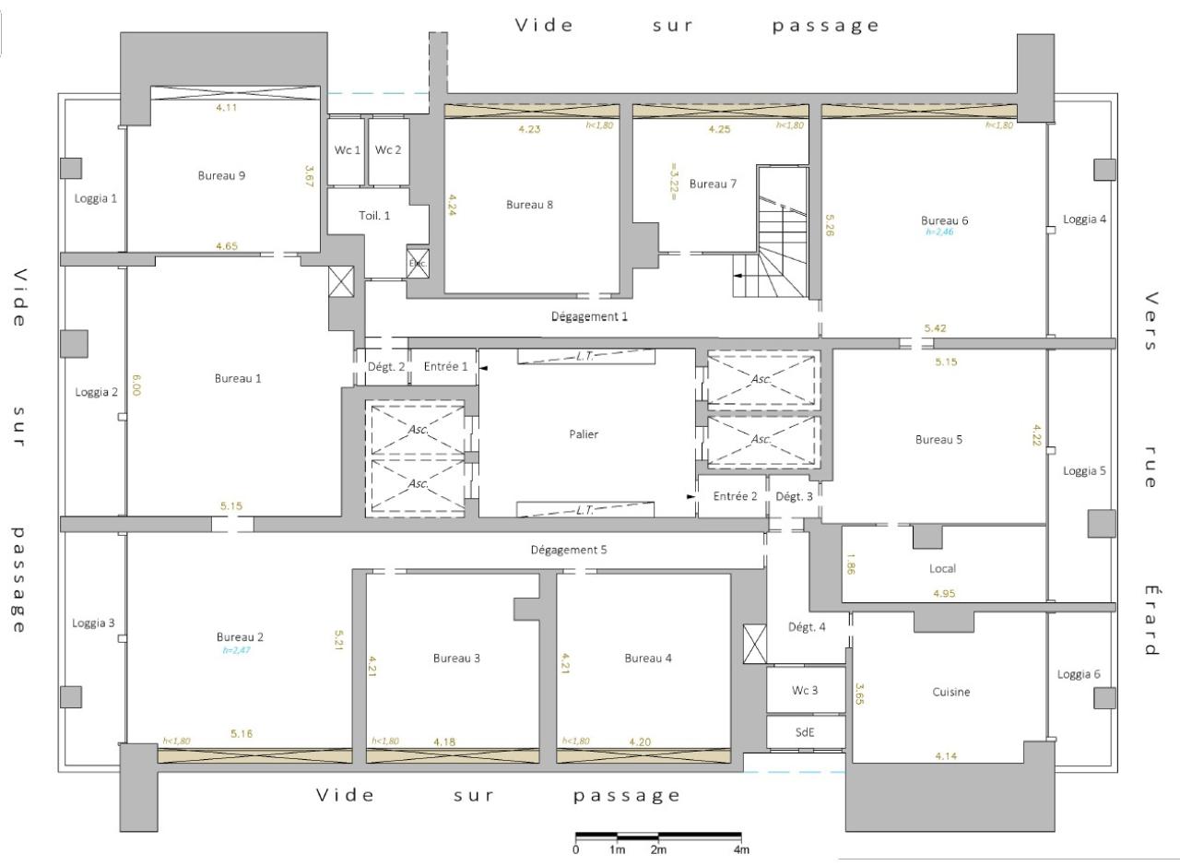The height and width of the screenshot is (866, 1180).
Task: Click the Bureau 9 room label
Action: click(x=221, y=175)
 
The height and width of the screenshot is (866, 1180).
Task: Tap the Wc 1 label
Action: click(x=347, y=150)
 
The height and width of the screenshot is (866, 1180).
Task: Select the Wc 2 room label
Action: click(x=387, y=150)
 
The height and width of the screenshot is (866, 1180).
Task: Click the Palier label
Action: click(x=584, y=433)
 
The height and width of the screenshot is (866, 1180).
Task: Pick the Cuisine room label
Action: click(x=951, y=692)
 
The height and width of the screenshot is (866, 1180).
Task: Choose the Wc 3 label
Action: click(x=806, y=691)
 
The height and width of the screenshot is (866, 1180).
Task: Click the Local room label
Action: click(x=942, y=568)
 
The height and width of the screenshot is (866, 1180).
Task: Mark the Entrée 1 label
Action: click(x=446, y=367)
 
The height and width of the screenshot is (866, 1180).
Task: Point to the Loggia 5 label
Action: click(x=1084, y=470)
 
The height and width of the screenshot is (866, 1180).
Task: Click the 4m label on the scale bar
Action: click(x=741, y=850)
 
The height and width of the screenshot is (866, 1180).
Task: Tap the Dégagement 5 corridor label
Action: click(x=569, y=550)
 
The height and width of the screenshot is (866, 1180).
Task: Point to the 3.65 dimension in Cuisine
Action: click(x=859, y=693)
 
